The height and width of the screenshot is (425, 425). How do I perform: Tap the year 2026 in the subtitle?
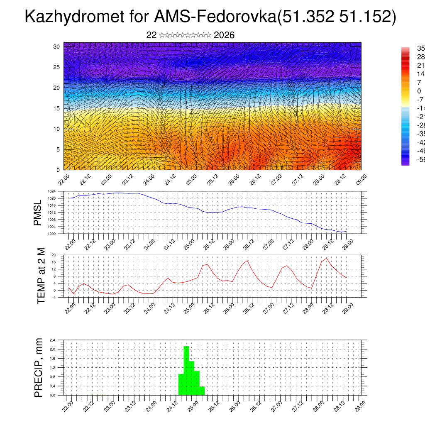coord(224,35)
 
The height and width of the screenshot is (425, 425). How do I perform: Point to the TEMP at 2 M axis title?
coord(41,276)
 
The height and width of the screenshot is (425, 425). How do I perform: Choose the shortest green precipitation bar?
coord(202,391)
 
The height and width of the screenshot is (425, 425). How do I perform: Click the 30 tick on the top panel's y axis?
coord(57,46)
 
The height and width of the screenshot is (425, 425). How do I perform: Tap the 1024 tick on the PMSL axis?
coord(51,191)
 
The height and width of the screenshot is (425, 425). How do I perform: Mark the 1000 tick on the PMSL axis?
coord(51,234)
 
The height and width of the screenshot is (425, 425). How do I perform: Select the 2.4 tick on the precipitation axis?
coord(53,340)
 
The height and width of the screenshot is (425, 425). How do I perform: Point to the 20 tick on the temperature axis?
coord(54,255)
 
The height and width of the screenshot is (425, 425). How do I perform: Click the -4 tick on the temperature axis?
coord(54,297)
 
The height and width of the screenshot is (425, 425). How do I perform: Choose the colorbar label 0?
coord(419,91)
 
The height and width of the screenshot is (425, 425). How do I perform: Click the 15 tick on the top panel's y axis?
coord(57,108)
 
